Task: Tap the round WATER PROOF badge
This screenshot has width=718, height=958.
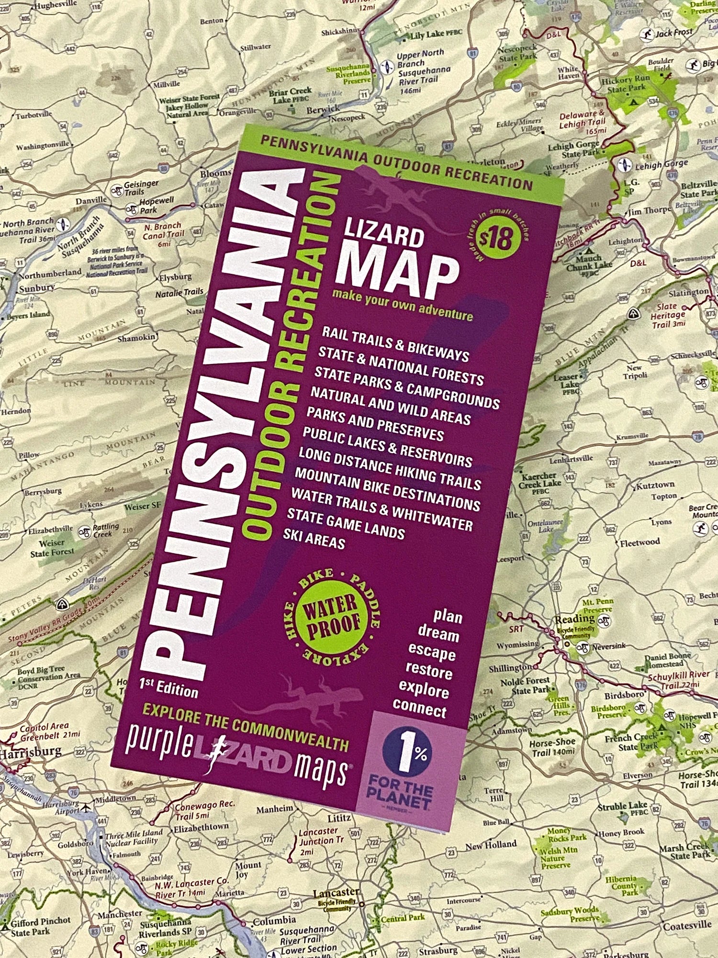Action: click(332, 616)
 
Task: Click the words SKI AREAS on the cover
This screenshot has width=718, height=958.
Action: click(314, 539)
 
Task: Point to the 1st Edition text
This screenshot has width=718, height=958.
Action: click(168, 688)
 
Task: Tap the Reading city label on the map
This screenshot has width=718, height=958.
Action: click(574, 619)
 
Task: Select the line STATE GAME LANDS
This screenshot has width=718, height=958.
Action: click(346, 523)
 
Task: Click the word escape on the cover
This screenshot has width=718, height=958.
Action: click(431, 652)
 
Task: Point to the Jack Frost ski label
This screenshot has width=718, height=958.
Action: click(673, 33)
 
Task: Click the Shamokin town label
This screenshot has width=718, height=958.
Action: click(136, 338)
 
